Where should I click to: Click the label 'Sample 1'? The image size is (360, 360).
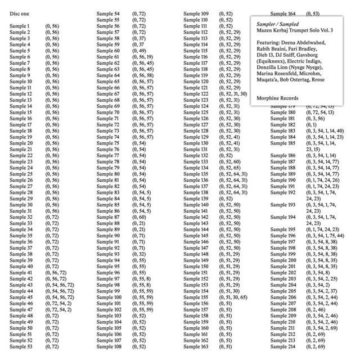(x=20, y=26)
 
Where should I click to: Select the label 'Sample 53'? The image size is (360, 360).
(x=21, y=346)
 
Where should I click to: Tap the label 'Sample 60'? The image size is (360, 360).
(x=109, y=51)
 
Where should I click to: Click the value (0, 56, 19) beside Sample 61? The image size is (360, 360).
(x=142, y=57)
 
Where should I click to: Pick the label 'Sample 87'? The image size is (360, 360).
(x=109, y=217)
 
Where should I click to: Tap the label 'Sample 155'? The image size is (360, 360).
(x=197, y=297)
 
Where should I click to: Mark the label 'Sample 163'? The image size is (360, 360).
(x=197, y=346)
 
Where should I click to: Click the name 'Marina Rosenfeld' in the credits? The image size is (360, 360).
(x=276, y=73)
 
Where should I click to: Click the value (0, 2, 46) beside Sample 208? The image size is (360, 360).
(x=316, y=309)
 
